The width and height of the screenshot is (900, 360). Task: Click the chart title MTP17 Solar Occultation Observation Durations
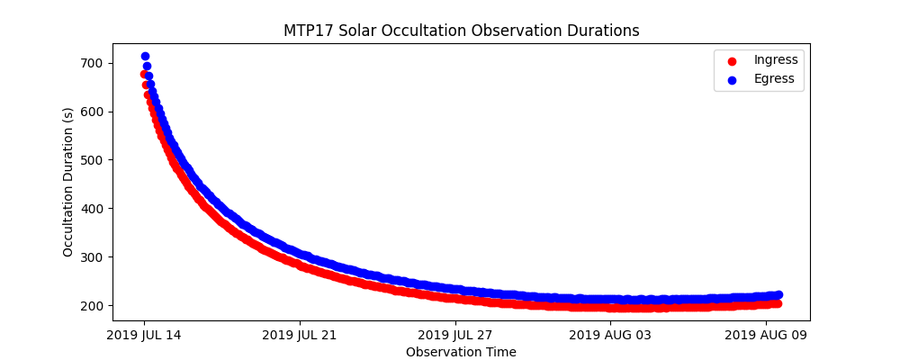[461, 31]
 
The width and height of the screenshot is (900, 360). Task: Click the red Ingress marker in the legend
[730, 60]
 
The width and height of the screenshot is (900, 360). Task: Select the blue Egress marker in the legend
[730, 79]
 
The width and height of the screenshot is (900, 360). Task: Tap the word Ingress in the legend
[775, 59]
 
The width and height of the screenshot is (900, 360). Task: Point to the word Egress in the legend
[774, 78]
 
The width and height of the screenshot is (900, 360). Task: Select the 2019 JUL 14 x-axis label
[144, 336]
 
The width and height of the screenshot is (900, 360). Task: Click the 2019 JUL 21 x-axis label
[300, 336]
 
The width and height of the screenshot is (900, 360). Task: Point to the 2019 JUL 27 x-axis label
[455, 336]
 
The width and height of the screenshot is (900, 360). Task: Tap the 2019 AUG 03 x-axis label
[610, 336]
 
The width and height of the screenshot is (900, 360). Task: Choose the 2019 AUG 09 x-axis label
[766, 336]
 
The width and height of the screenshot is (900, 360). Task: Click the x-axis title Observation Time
[461, 352]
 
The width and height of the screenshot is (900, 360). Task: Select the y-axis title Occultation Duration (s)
[68, 182]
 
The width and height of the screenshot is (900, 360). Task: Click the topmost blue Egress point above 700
[145, 57]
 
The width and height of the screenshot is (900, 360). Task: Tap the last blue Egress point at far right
[778, 294]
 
